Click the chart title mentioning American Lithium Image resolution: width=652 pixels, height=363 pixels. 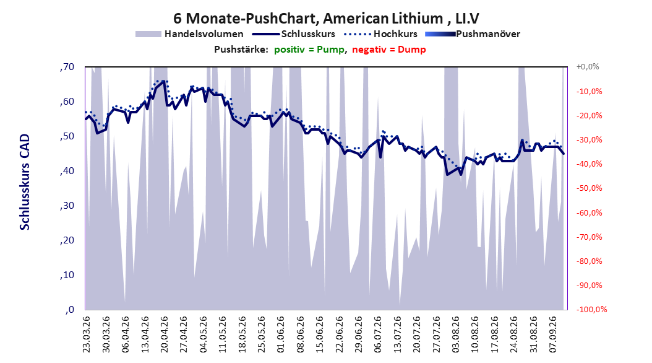click(326, 19)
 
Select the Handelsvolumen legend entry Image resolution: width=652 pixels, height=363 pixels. click(189, 34)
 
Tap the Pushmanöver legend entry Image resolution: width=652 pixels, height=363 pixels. click(473, 34)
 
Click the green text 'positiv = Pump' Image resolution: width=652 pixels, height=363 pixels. click(309, 50)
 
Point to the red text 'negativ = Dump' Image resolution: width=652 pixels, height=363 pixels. click(389, 50)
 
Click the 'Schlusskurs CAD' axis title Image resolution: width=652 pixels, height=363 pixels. click(25, 182)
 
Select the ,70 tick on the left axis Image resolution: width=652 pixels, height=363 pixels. click(67, 67)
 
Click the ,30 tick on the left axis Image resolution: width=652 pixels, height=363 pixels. click(67, 205)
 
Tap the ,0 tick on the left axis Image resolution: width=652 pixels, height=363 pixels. click(70, 309)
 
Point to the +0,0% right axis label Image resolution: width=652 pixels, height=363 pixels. click(588, 67)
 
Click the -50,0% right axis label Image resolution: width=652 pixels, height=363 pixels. click(589, 188)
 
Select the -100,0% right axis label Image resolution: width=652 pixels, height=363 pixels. click(591, 309)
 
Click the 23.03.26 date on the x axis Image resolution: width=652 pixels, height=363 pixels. click(86, 335)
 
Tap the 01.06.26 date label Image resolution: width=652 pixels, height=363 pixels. click(281, 335)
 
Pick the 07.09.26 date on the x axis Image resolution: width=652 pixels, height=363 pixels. click(553, 335)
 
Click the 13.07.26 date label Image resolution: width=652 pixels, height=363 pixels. click(398, 335)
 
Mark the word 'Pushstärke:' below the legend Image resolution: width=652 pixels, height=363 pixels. click(241, 50)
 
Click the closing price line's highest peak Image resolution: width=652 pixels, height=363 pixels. click(163, 81)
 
